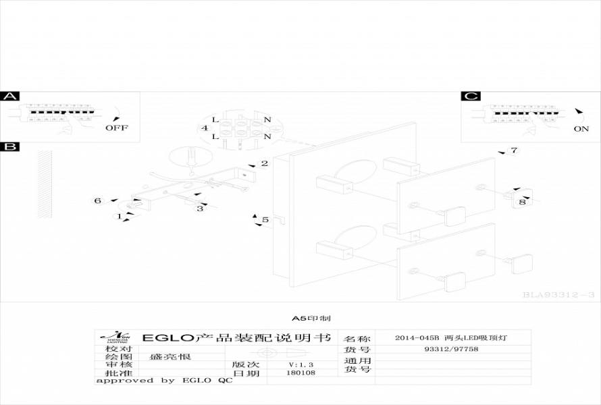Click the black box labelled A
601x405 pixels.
point(10,97)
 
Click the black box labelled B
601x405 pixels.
point(10,146)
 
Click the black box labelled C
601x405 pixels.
point(471,97)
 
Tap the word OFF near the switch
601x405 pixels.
point(116,128)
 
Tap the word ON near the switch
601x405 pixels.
point(581,129)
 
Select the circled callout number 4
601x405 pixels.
point(203,128)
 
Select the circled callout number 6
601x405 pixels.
point(98,200)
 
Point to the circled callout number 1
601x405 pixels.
point(120,217)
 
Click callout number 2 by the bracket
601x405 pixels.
point(265,163)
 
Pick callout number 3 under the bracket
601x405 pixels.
point(200,209)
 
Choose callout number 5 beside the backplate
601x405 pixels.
point(265,220)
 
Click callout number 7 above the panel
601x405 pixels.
point(514,151)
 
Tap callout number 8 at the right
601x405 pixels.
point(522,202)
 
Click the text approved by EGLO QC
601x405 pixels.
point(164,381)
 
